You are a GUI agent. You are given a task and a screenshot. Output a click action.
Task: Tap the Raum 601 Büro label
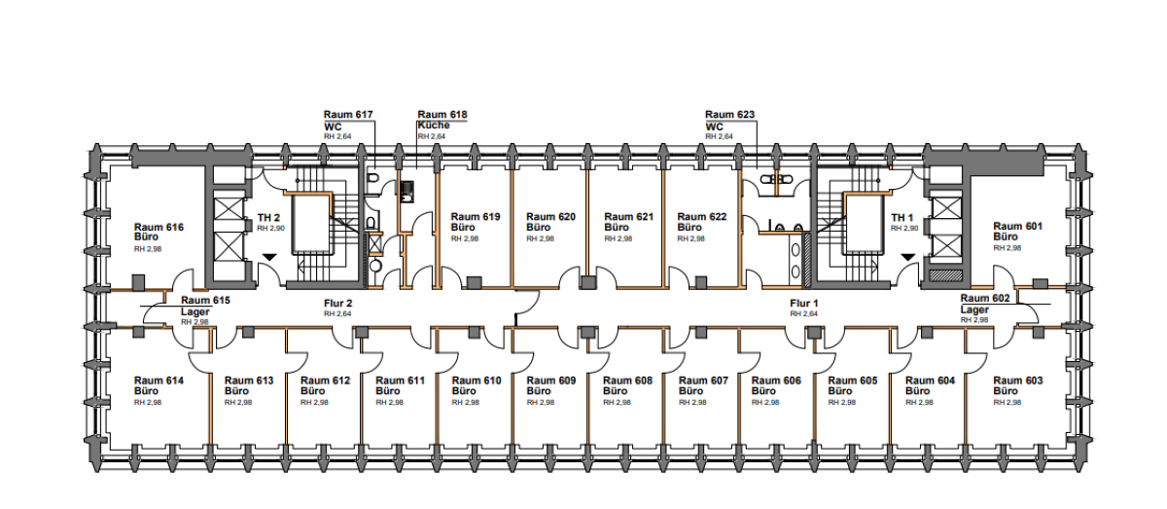pyautogui.click(x=1018, y=233)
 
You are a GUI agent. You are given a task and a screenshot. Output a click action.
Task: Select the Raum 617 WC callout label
pyautogui.click(x=348, y=121)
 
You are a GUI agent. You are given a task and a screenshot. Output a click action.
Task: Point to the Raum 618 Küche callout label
pyautogui.click(x=442, y=121)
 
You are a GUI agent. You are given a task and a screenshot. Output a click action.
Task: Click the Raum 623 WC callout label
pyautogui.click(x=729, y=121)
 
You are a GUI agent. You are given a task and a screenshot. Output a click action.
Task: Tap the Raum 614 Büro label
pyautogui.click(x=159, y=386)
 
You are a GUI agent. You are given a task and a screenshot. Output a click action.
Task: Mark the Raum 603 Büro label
pyautogui.click(x=1018, y=386)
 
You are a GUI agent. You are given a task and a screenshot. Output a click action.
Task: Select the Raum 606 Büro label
pyautogui.click(x=776, y=386)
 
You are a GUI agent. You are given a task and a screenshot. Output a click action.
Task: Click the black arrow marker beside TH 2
pyautogui.click(x=269, y=257)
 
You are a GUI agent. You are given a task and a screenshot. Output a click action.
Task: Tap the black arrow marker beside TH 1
pyautogui.click(x=907, y=257)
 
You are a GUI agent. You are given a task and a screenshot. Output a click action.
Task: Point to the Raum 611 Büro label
pyautogui.click(x=400, y=386)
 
